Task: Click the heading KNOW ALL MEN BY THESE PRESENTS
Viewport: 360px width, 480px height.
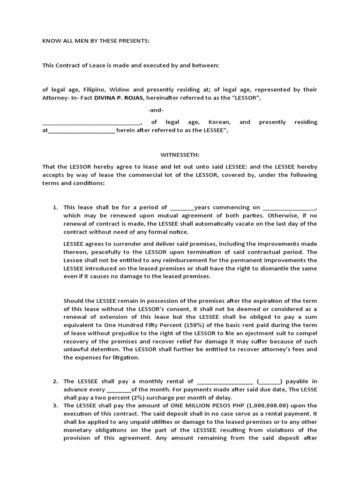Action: tap(96, 41)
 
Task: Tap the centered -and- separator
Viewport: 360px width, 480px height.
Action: tap(156, 110)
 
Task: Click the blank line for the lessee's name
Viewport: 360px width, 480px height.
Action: tap(92, 123)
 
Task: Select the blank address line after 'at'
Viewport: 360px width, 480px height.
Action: tap(82, 131)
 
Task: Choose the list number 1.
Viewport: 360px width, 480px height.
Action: tap(55, 207)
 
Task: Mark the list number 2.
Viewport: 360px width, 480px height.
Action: tap(55, 382)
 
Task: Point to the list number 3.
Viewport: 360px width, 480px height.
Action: tap(55, 405)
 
